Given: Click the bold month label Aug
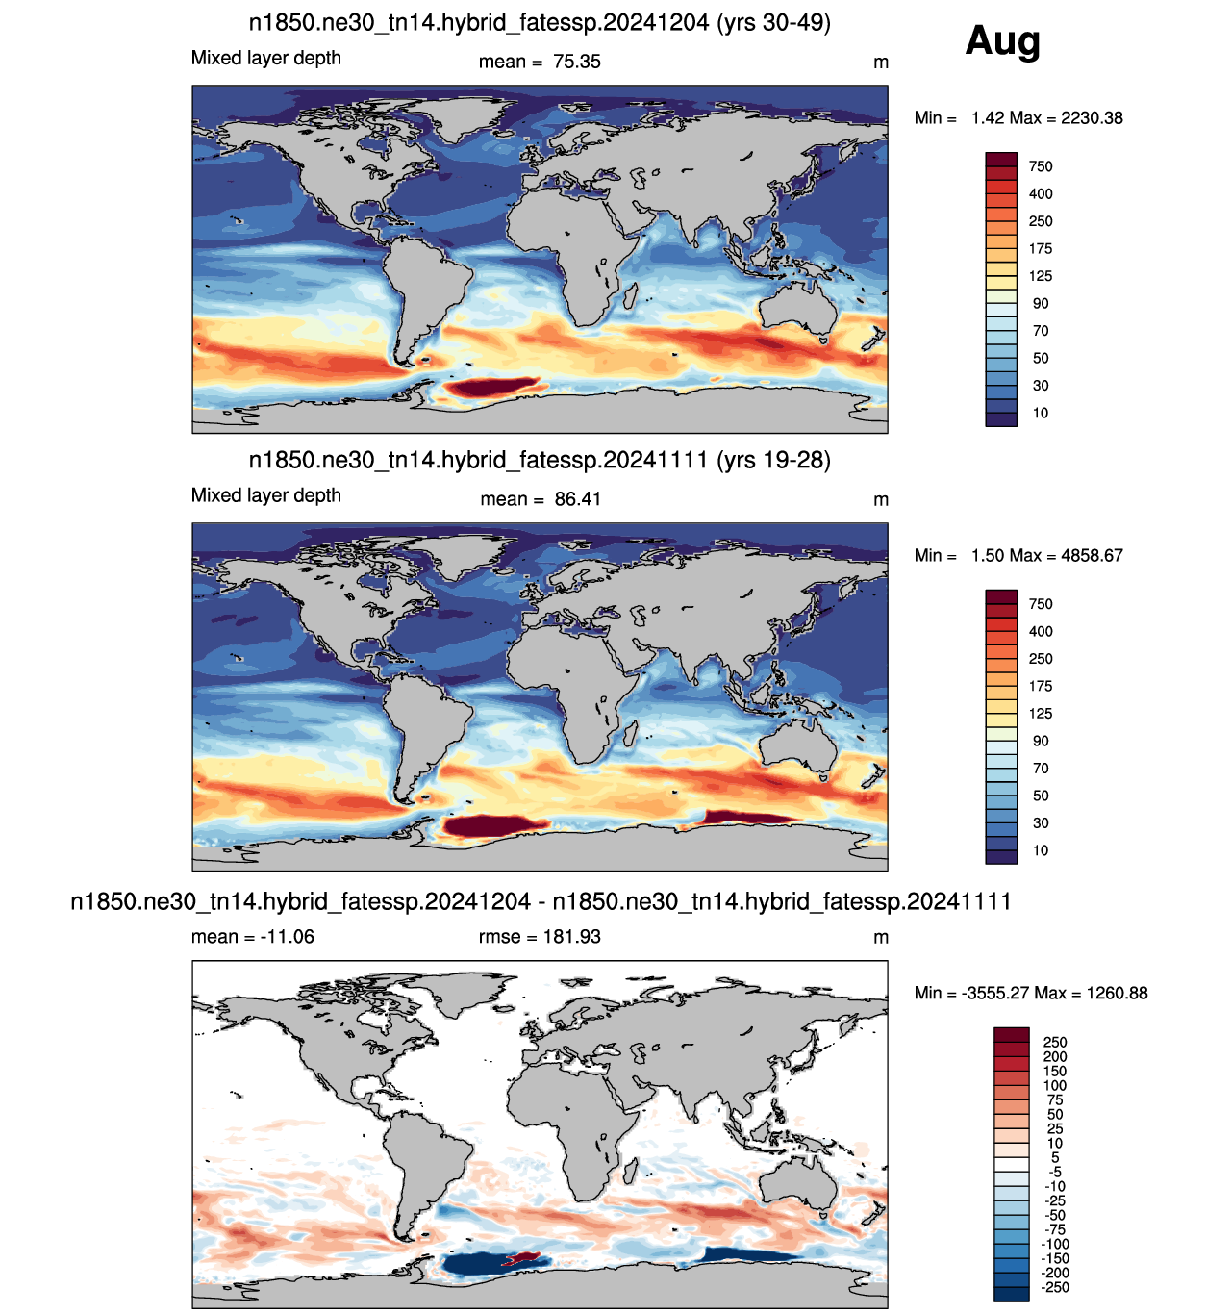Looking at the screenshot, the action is tap(1002, 41).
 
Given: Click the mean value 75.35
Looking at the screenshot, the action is tap(576, 62).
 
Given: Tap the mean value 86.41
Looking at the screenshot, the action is tap(577, 499).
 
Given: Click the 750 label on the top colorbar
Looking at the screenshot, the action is tap(1040, 166).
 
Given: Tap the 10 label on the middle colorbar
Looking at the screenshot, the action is tap(1040, 850).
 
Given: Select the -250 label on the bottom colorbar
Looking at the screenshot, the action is tap(1055, 1287).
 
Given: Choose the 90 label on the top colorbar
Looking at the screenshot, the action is tap(1040, 304).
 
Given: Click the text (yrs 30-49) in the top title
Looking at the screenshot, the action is tap(773, 23).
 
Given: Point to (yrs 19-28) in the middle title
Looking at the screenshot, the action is tap(773, 460).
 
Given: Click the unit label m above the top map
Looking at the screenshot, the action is tap(880, 63).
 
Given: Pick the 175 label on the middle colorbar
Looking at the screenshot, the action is tap(1040, 686).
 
